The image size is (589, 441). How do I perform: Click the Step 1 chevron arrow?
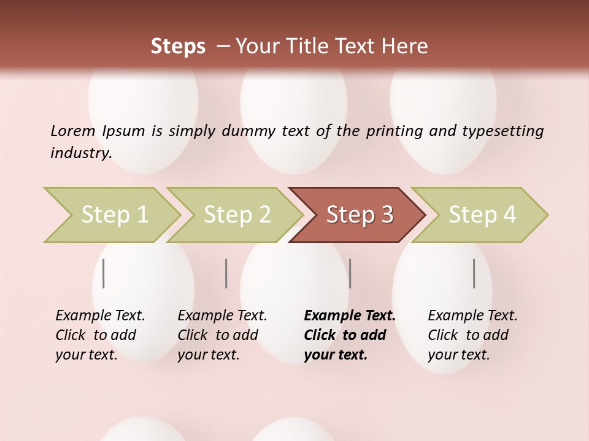[x=114, y=215]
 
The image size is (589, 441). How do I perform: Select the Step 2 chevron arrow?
[x=236, y=215]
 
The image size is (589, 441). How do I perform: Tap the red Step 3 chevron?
[x=359, y=215]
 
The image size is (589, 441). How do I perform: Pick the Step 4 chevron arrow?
[x=482, y=215]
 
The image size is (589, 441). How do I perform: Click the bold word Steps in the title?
[x=178, y=47]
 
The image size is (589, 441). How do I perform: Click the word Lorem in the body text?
[x=72, y=130]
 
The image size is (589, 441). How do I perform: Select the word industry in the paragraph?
[x=80, y=153]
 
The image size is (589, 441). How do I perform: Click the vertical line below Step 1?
[x=104, y=273]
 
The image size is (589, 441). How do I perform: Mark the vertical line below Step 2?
[x=226, y=273]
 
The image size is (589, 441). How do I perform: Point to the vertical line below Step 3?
[x=350, y=273]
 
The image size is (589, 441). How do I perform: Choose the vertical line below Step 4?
[x=474, y=273]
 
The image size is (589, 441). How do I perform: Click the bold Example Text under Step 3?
[x=350, y=315]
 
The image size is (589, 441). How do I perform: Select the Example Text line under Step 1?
[x=100, y=315]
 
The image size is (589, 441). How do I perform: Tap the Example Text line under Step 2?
[x=222, y=315]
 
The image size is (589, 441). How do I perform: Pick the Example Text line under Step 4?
[x=472, y=315]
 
